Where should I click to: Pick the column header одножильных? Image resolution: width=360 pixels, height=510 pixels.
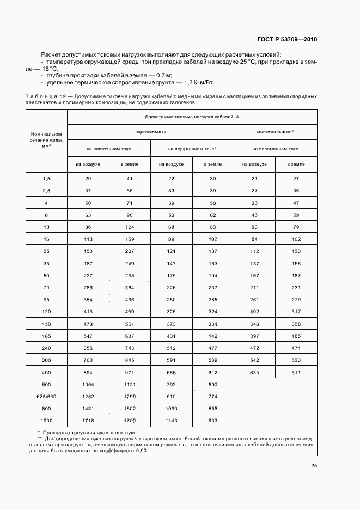click(x=150, y=132)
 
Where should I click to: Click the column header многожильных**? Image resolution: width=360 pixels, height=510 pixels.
click(x=275, y=132)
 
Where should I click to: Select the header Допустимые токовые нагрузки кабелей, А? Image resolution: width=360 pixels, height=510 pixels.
click(x=192, y=117)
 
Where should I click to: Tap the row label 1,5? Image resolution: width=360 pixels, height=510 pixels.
click(x=46, y=179)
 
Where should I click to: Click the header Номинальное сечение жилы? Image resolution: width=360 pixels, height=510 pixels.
click(x=46, y=140)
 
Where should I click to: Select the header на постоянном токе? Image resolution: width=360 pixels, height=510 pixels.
click(x=108, y=148)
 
